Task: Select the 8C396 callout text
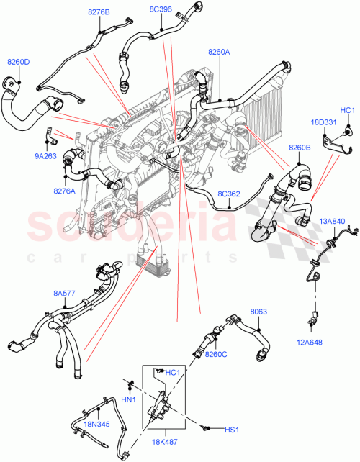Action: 161,9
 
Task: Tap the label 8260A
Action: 219,52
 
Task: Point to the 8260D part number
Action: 18,62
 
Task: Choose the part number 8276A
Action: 64,191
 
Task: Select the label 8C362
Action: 230,194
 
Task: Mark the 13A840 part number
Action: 332,221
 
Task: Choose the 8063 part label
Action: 258,312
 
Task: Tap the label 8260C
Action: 215,354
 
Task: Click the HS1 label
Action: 231,430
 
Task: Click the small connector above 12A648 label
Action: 314,317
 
